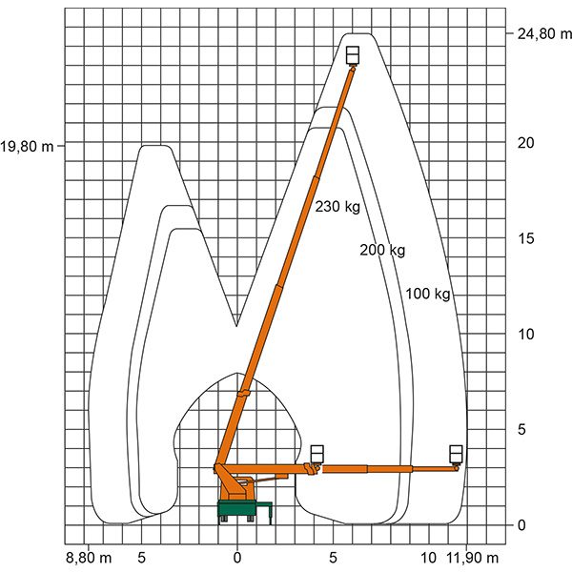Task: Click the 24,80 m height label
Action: coord(544,34)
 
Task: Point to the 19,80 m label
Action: coord(27,147)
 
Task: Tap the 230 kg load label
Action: coord(337,207)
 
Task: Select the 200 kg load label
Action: coord(382,250)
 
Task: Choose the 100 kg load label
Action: coord(428,294)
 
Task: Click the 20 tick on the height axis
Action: coord(525,143)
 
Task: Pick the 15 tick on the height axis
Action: coord(525,238)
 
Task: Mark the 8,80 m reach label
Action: coord(89,558)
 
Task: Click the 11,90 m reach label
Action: coord(473,558)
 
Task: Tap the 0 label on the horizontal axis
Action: coord(237,558)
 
